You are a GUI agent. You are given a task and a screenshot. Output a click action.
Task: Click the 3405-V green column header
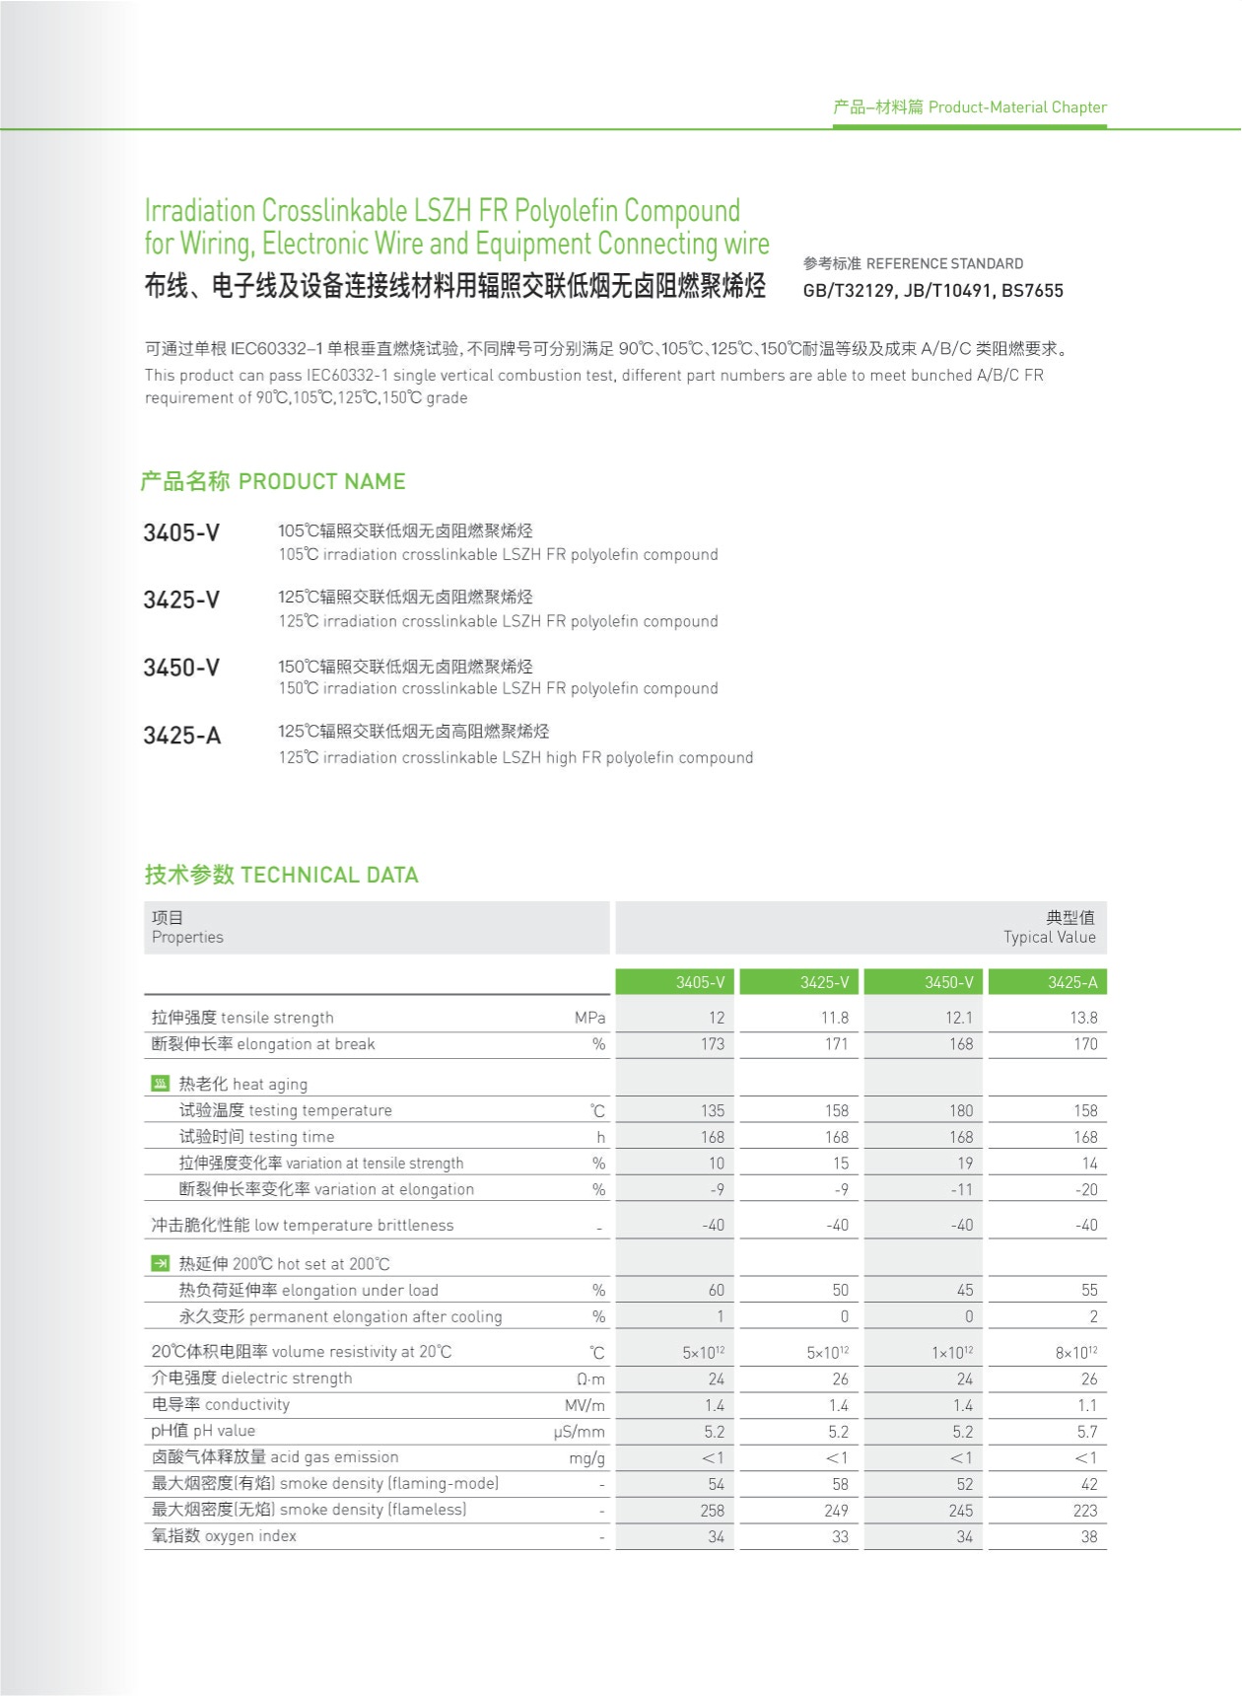[x=700, y=982]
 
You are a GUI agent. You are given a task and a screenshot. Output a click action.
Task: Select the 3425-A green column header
[x=1072, y=982]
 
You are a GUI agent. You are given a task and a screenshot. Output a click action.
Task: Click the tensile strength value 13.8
[x=1083, y=1018]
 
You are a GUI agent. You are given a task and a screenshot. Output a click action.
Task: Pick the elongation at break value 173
[x=712, y=1044]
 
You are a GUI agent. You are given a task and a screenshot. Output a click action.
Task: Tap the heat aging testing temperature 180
[x=961, y=1110]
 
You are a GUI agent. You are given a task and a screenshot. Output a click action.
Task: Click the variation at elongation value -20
[x=1086, y=1190]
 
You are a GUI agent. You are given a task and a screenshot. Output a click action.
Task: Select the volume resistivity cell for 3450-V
[x=952, y=1353]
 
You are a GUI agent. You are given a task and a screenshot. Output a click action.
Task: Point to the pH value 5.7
[x=1086, y=1432]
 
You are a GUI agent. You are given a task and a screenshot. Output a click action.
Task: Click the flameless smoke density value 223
[x=1084, y=1511]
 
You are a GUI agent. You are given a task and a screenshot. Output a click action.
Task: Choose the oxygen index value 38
[x=1088, y=1536]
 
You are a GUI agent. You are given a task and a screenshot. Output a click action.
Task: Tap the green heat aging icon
[x=161, y=1084]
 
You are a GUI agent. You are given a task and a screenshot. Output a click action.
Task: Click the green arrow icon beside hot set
[x=161, y=1263]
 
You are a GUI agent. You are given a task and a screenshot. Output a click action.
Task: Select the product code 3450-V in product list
[x=181, y=668]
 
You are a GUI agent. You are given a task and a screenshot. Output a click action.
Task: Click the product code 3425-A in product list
[x=182, y=736]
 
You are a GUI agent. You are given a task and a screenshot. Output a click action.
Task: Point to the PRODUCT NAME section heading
[x=273, y=481]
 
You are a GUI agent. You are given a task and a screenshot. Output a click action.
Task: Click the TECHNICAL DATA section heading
[x=282, y=875]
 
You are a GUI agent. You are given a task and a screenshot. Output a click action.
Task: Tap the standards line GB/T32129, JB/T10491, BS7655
[x=932, y=291]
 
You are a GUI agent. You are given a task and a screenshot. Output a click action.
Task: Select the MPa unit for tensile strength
[x=589, y=1018]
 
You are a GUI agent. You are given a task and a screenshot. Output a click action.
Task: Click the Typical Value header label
[x=1049, y=937]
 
